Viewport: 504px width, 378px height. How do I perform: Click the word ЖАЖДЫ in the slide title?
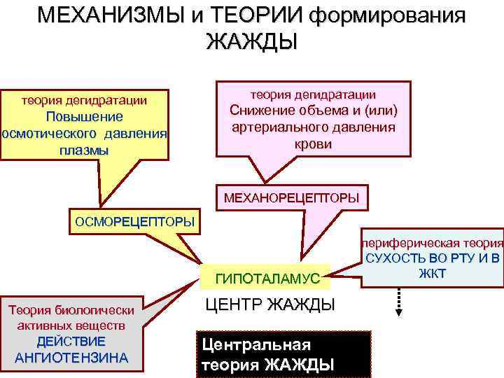point(251,41)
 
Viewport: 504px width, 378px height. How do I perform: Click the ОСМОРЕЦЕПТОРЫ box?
point(134,222)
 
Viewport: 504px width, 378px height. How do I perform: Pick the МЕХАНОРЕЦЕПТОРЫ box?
point(291,198)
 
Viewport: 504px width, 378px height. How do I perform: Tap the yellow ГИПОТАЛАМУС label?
point(267,279)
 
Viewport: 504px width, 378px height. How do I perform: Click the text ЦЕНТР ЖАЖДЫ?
point(269,304)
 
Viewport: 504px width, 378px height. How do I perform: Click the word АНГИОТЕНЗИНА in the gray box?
point(71,357)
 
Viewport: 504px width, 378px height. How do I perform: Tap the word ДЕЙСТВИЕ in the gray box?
point(71,342)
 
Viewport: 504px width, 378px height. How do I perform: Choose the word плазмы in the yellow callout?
point(84,150)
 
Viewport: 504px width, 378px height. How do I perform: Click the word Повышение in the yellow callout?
point(84,117)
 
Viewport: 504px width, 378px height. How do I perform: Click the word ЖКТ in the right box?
point(432,273)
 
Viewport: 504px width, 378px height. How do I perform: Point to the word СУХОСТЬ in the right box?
point(393,258)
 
